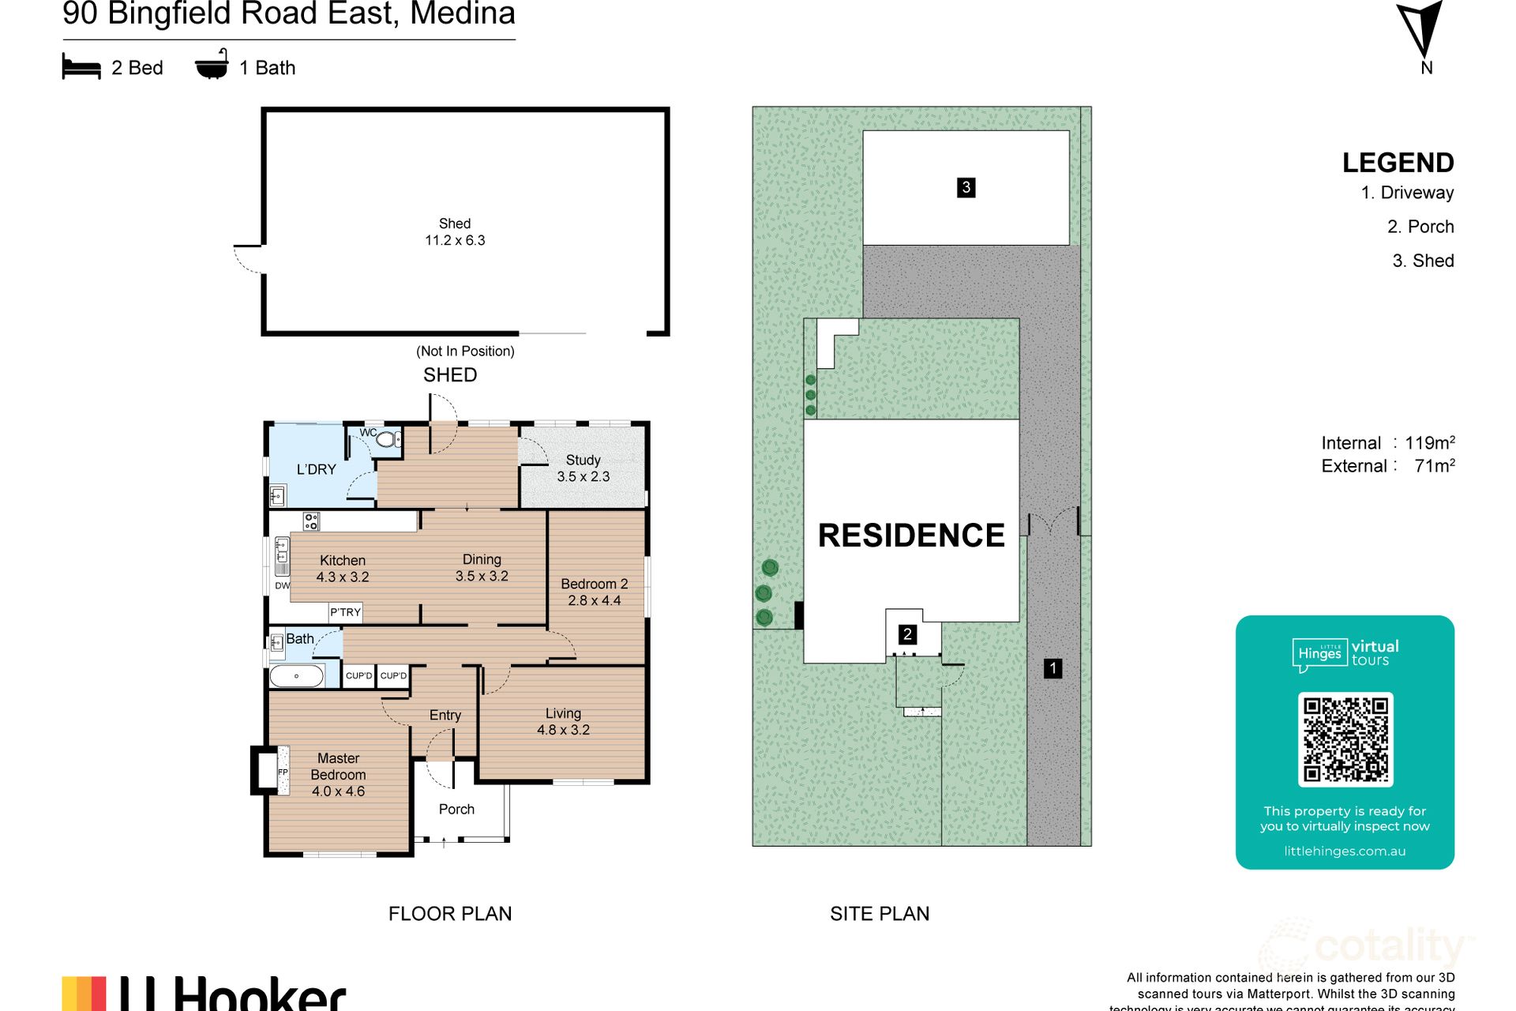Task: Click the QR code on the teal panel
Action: pos(1345,739)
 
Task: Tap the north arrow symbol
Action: pos(1422,28)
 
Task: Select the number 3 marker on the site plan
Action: pos(966,187)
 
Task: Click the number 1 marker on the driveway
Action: pos(1053,668)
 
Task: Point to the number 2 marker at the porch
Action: pos(907,634)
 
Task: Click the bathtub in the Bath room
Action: pos(296,676)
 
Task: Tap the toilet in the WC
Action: pos(387,439)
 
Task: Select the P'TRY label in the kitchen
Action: pos(345,612)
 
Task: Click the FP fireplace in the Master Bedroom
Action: pos(283,771)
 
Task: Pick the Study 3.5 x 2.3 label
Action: pos(583,468)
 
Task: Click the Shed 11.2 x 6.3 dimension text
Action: pos(455,240)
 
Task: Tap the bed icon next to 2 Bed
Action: pos(81,67)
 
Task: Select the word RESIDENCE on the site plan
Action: pos(911,536)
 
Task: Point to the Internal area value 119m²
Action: pos(1429,442)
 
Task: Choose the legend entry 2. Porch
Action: pos(1420,227)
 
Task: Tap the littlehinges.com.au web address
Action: pos(1345,851)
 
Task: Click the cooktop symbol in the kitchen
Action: pos(311,521)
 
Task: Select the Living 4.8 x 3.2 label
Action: pos(563,722)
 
